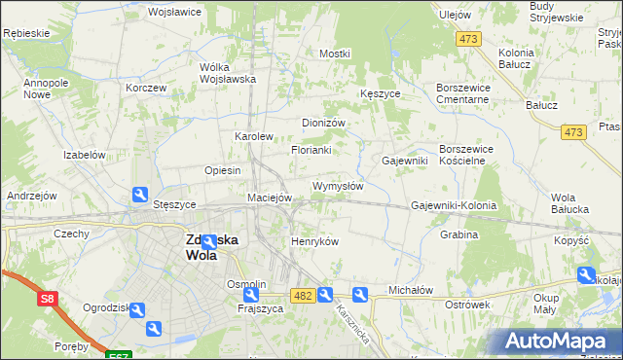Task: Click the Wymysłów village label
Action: (337, 186)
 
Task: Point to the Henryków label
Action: (314, 241)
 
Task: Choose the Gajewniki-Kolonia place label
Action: (454, 206)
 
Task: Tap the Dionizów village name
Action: (324, 124)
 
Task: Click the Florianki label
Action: (311, 151)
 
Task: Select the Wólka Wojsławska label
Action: (227, 73)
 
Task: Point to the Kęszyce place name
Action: (380, 93)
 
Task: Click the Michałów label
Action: (410, 290)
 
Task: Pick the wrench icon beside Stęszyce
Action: (140, 195)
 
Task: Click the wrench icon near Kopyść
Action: (586, 275)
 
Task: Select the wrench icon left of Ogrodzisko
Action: (136, 310)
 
